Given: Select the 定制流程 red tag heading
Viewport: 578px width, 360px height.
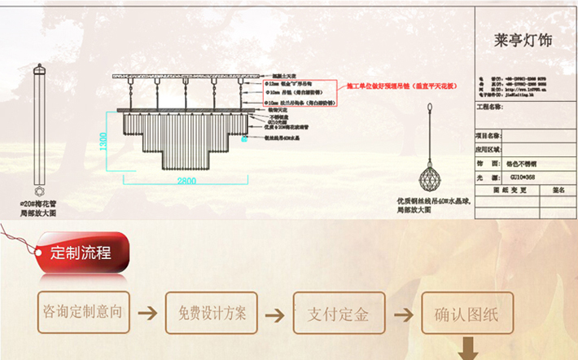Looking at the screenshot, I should click(81, 252).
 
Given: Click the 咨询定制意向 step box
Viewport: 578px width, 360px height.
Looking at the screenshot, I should click(84, 312).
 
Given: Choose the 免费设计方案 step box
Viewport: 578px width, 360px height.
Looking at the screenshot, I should click(212, 313).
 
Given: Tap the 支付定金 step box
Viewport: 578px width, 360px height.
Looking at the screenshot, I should click(339, 313).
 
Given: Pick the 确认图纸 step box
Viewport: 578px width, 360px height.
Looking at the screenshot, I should click(466, 313).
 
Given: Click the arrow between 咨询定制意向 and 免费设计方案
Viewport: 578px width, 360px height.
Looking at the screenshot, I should click(147, 313).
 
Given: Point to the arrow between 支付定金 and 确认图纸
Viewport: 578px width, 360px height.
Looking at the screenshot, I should click(402, 314).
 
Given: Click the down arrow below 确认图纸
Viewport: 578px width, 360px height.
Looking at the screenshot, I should click(470, 349).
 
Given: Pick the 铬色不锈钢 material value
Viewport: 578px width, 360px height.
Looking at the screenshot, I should click(523, 163).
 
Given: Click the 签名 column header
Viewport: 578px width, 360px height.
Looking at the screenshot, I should click(558, 189).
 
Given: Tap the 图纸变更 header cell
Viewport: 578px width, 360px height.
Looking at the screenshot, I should click(510, 189).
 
